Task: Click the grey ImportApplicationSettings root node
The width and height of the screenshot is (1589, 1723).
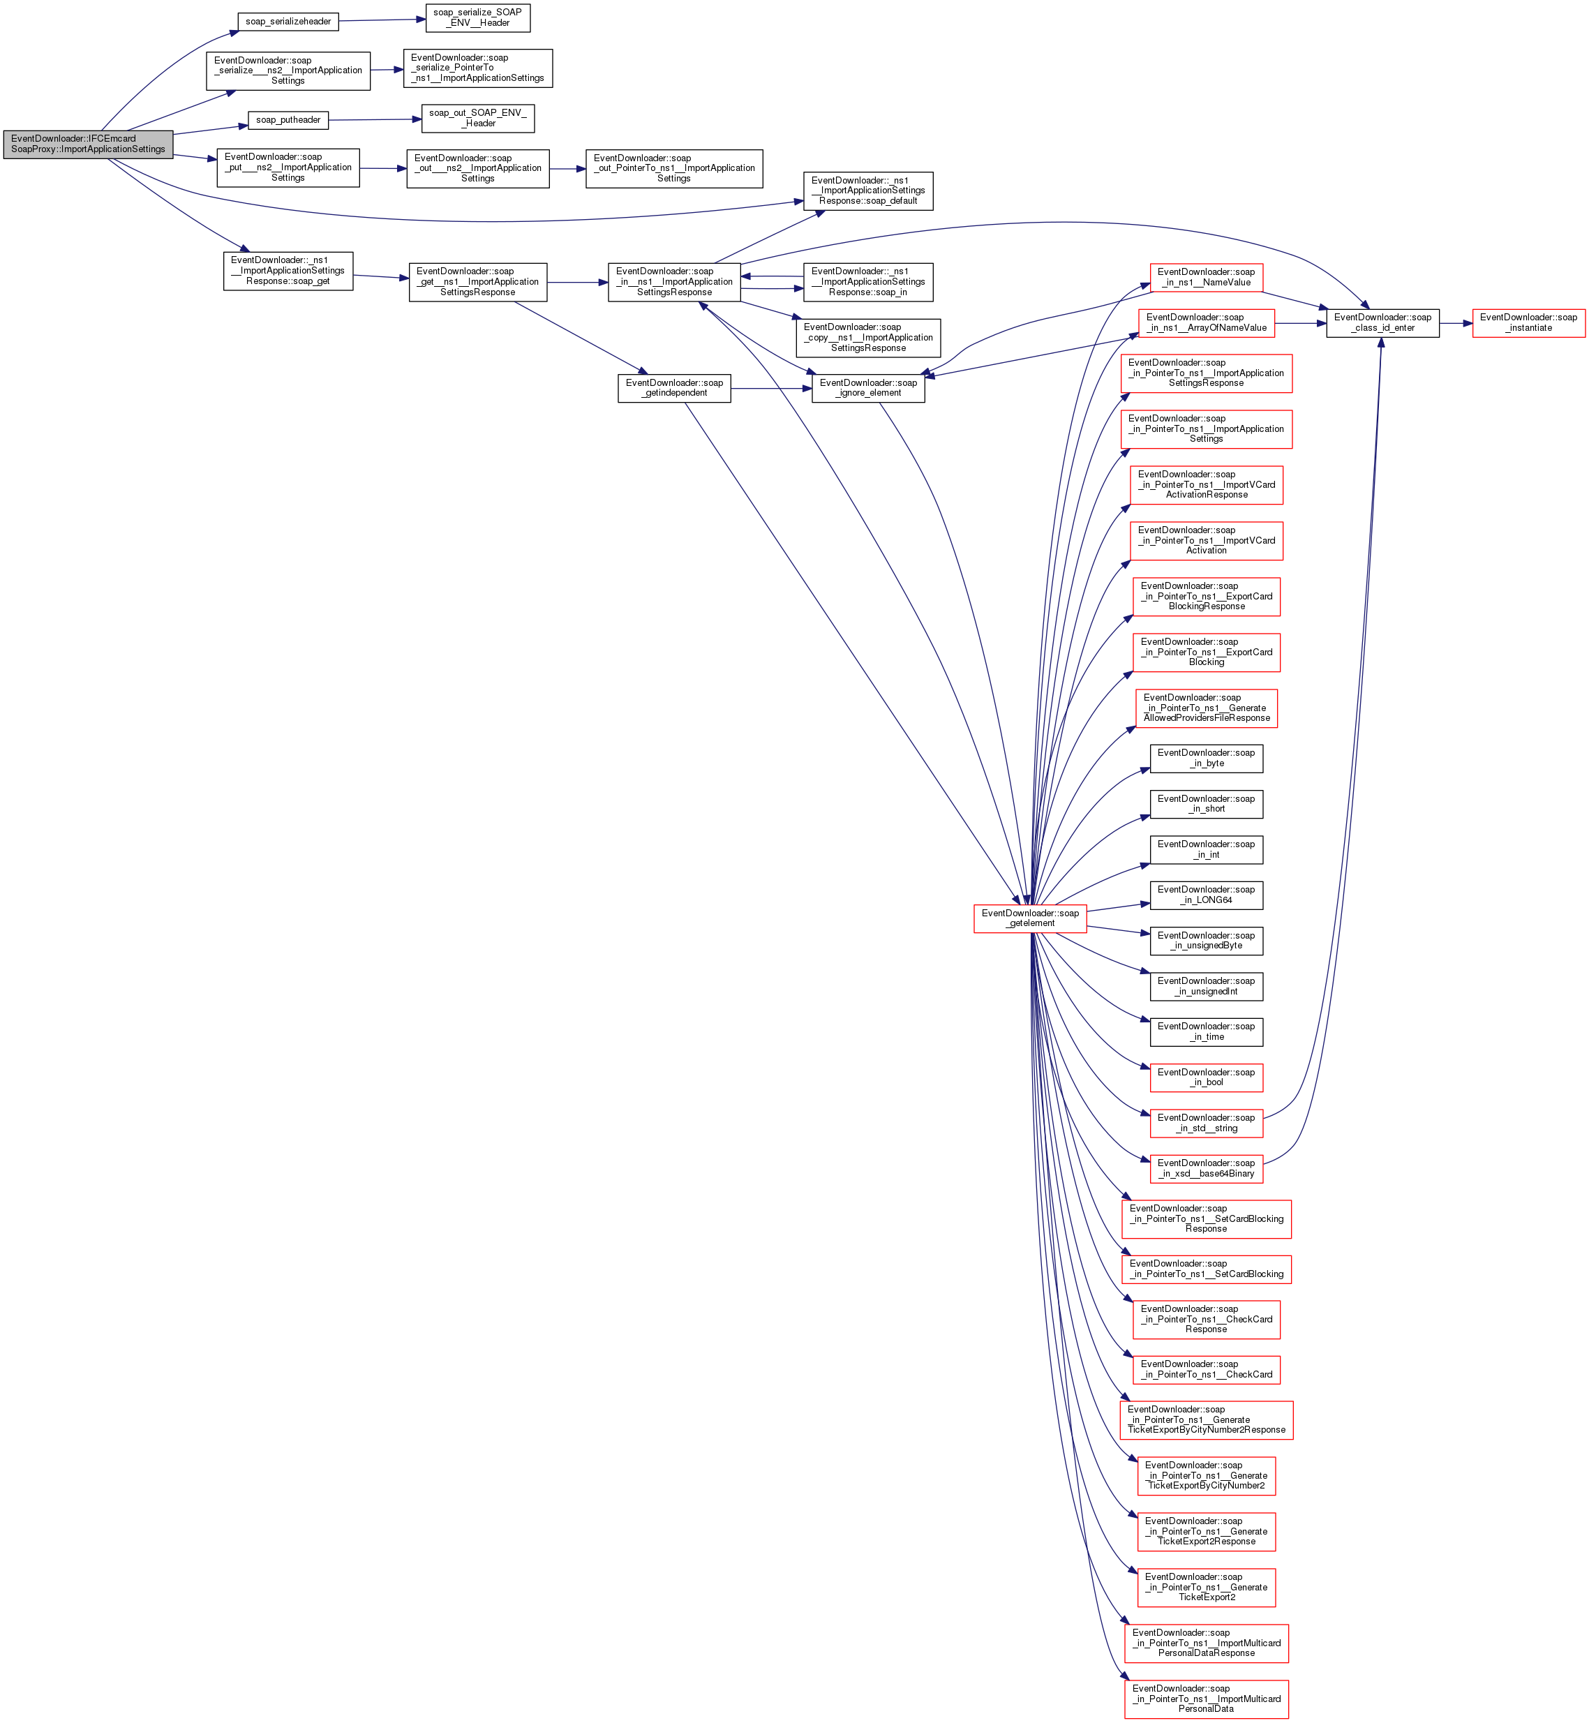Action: (88, 144)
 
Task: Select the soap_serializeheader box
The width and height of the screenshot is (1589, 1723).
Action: (288, 22)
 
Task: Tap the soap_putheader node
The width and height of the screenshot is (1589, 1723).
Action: (288, 120)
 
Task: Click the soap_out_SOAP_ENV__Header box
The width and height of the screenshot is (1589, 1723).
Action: (477, 119)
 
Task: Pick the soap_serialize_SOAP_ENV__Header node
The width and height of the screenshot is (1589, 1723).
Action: (477, 18)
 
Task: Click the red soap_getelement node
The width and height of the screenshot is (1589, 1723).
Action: (1029, 918)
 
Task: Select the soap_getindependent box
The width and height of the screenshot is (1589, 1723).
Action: (673, 388)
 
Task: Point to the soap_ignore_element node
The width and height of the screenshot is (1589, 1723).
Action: (867, 388)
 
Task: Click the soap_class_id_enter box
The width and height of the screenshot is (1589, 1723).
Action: (1382, 322)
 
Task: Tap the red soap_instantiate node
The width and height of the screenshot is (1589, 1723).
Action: (1528, 322)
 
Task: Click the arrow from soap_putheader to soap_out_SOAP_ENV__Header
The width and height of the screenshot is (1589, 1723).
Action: (375, 119)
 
